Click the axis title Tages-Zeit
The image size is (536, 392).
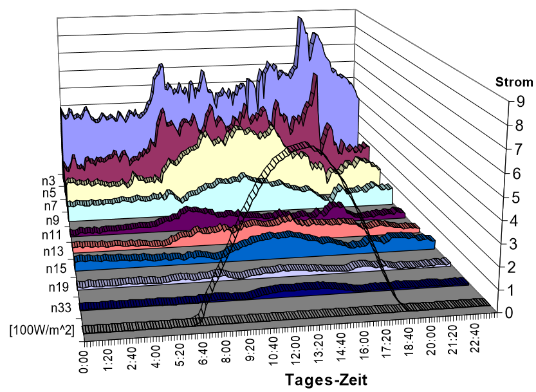pyautogui.click(x=327, y=377)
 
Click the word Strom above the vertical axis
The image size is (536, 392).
pyautogui.click(x=514, y=82)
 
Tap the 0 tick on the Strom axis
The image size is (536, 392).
pyautogui.click(x=508, y=313)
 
